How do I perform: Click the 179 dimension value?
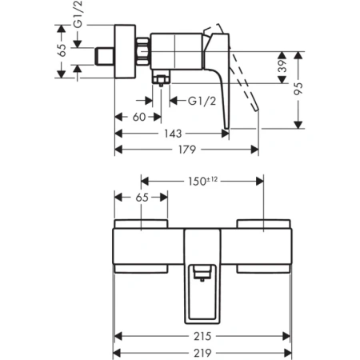tap(188, 149)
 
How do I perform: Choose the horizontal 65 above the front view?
tap(142, 195)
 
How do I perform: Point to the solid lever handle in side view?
tap(221, 88)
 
